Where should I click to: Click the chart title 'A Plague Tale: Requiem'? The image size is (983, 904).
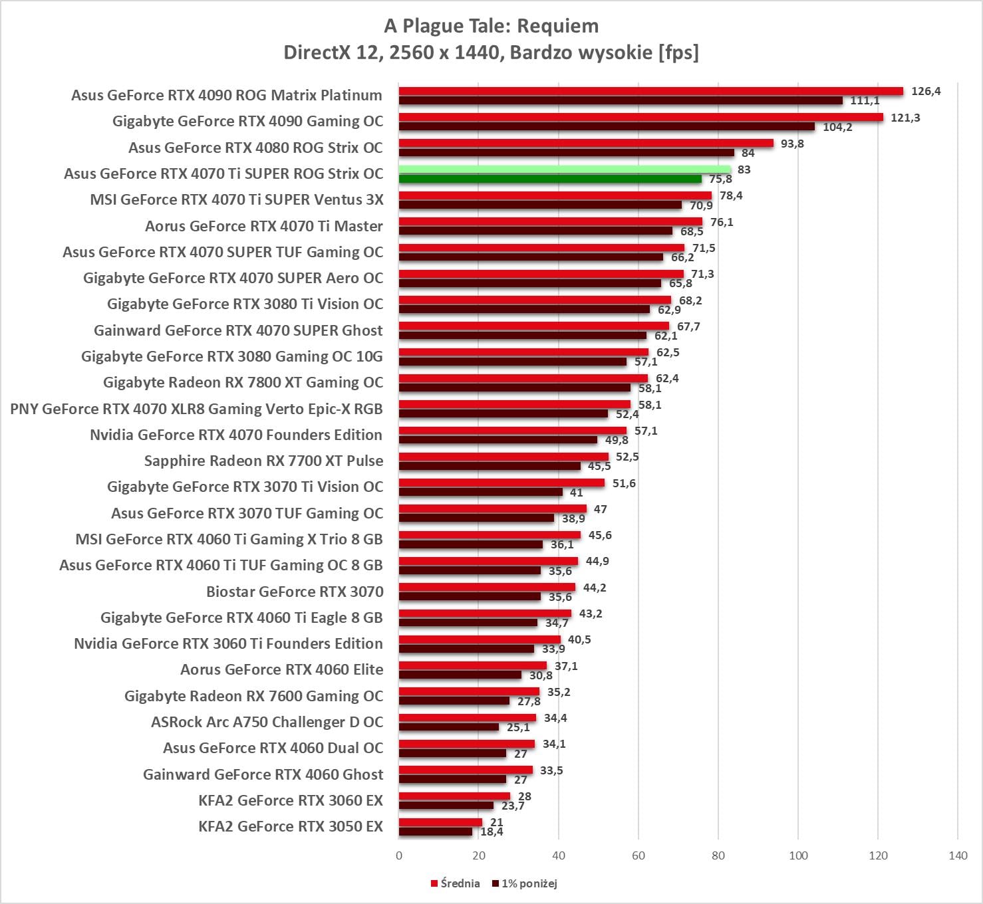[491, 26]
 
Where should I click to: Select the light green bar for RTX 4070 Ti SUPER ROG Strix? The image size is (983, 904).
[564, 169]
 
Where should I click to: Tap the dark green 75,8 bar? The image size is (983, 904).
[550, 179]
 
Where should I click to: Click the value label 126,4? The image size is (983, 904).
[926, 91]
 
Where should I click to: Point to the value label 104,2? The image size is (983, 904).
[837, 127]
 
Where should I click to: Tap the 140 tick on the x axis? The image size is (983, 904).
[958, 855]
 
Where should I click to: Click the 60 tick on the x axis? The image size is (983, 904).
[638, 855]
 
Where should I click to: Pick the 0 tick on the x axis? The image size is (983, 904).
[399, 855]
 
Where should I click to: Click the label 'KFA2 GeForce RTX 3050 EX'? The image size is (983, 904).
[291, 826]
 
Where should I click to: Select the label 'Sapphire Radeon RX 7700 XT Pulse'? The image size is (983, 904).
[263, 461]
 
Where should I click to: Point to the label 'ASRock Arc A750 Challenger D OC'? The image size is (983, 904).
[267, 722]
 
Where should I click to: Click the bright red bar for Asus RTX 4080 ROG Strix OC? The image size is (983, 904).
[586, 143]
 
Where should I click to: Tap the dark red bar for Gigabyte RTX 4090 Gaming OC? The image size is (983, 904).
[607, 126]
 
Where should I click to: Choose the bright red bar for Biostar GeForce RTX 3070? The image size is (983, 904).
[487, 587]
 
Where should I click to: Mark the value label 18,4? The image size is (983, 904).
[491, 832]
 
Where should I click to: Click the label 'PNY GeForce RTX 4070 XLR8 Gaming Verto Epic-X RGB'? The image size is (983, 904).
[196, 409]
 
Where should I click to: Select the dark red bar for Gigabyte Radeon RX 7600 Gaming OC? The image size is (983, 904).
[454, 701]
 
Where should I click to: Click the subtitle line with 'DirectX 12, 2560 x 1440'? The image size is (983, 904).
[491, 52]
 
